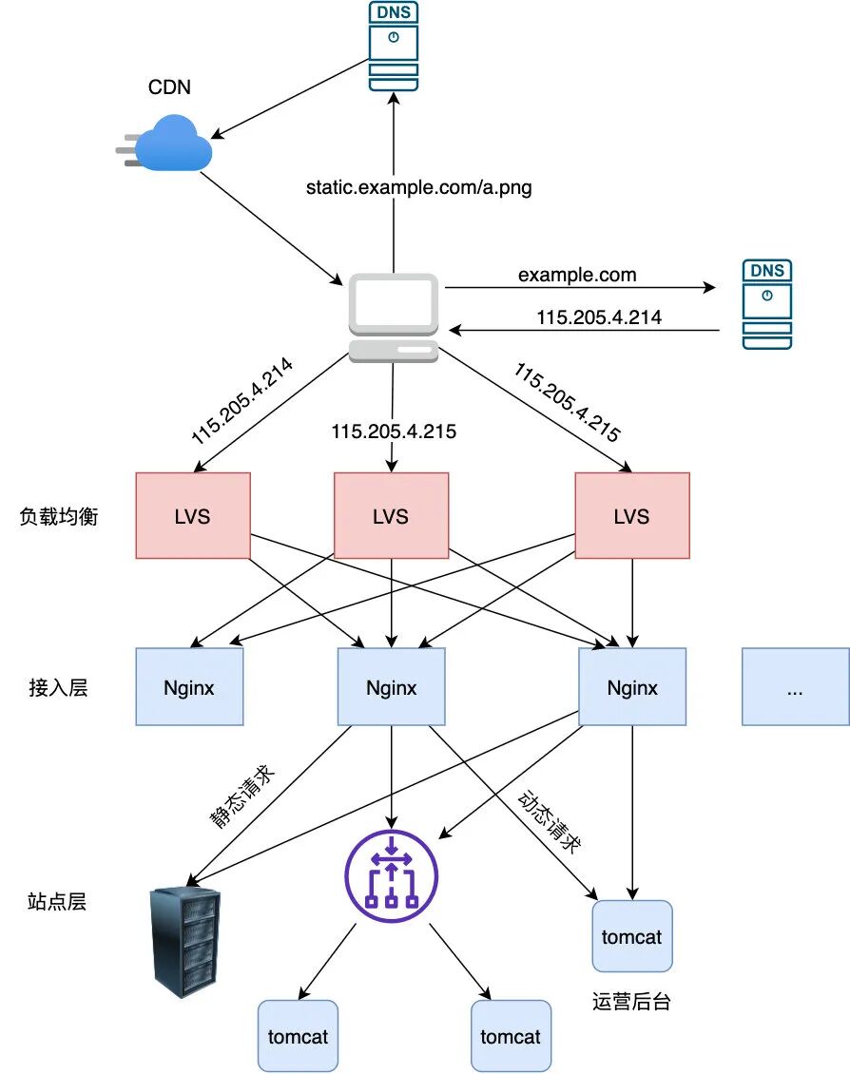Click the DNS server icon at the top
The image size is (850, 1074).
pyautogui.click(x=394, y=47)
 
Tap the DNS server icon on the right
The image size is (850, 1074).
pyautogui.click(x=767, y=305)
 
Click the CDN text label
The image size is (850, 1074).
pyautogui.click(x=169, y=88)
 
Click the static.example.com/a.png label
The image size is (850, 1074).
pyautogui.click(x=418, y=188)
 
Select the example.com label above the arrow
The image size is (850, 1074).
pyautogui.click(x=577, y=275)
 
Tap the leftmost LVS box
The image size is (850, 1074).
pyautogui.click(x=193, y=515)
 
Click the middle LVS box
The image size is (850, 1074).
pyautogui.click(x=391, y=515)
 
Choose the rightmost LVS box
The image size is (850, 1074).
pyautogui.click(x=632, y=515)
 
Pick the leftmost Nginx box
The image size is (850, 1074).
pyautogui.click(x=189, y=687)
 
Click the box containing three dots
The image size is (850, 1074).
pyautogui.click(x=795, y=687)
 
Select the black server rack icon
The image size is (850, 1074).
pyautogui.click(x=185, y=941)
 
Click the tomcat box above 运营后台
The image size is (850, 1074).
pyautogui.click(x=632, y=936)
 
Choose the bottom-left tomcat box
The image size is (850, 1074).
pyautogui.click(x=298, y=1036)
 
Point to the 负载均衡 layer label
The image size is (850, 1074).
pyautogui.click(x=58, y=517)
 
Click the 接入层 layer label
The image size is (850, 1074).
pyautogui.click(x=58, y=688)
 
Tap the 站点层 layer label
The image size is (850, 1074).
pyautogui.click(x=57, y=902)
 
